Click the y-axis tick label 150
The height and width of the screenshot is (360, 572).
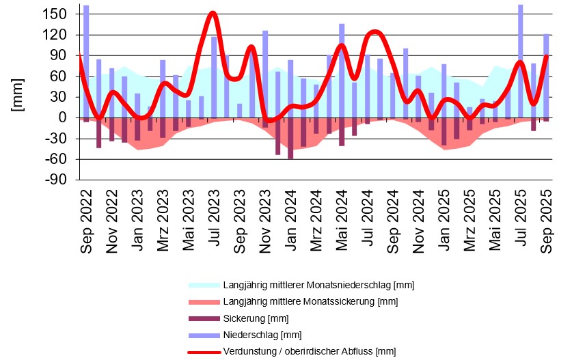[57, 14]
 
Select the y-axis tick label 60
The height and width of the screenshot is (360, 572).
[60, 77]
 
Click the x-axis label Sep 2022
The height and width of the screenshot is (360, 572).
[87, 219]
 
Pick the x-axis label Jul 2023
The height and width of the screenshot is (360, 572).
[215, 220]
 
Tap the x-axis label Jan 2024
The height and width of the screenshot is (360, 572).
[291, 220]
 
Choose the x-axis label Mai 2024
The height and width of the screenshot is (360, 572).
[342, 220]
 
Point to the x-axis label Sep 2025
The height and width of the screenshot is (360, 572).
[547, 219]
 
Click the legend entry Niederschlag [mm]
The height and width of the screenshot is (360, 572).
[262, 335]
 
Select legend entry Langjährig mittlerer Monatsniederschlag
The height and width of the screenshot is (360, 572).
[318, 285]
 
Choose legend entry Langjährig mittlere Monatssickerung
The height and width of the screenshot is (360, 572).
[310, 302]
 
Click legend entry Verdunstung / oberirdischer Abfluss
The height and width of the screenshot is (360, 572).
[309, 352]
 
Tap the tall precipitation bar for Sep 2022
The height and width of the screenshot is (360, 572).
[86, 61]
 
